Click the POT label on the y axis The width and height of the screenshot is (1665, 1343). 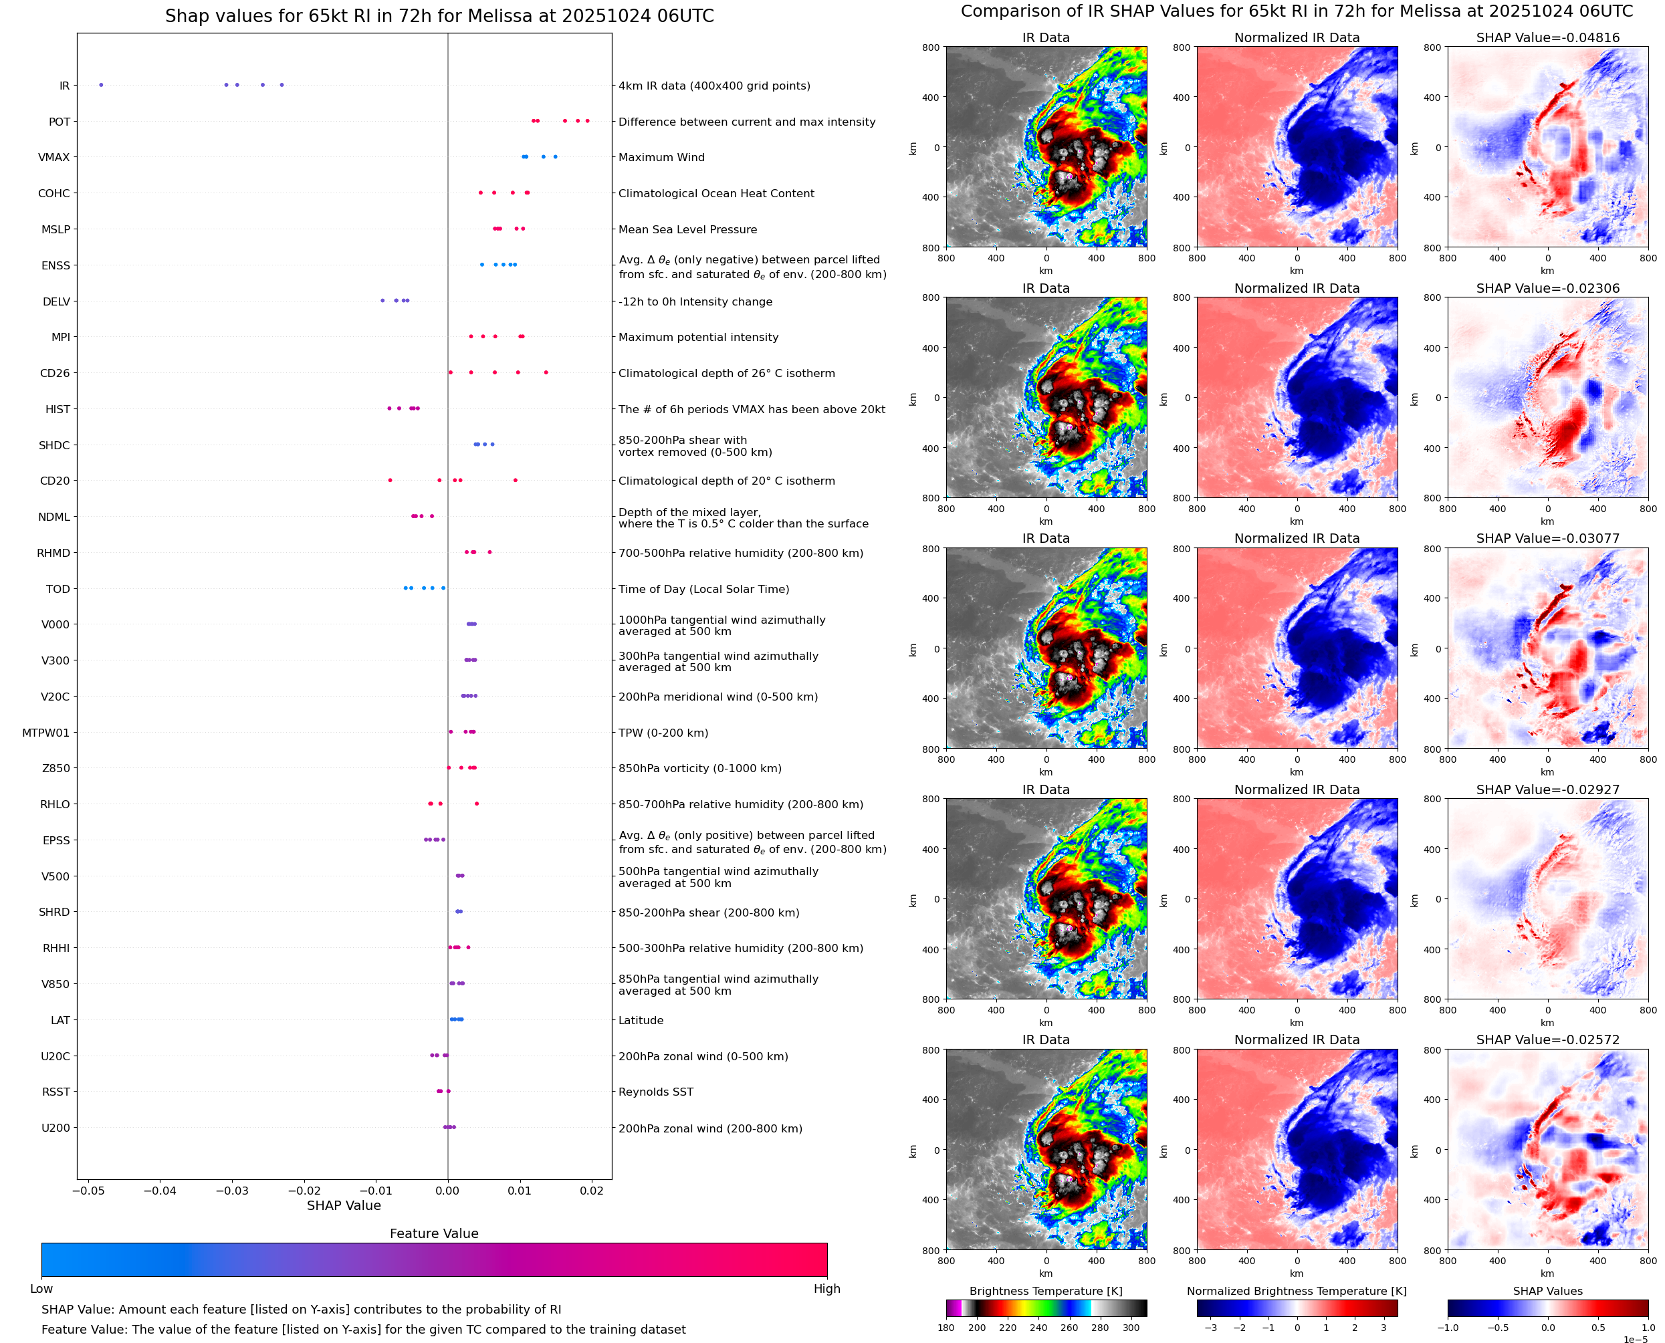pos(60,122)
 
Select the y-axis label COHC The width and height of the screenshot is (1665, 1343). pos(54,193)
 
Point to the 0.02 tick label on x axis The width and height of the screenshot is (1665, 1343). pos(592,1191)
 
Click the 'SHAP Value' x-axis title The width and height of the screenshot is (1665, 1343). pos(344,1205)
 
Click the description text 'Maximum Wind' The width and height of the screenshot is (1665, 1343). pos(661,158)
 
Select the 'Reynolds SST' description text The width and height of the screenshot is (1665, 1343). pos(656,1092)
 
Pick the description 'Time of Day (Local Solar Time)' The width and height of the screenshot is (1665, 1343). pos(704,590)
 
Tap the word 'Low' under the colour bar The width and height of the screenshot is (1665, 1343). pos(41,1289)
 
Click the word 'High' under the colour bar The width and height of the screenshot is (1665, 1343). pos(826,1289)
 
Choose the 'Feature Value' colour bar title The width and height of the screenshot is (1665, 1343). pos(434,1233)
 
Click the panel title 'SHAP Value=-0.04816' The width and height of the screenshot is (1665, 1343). pos(1547,38)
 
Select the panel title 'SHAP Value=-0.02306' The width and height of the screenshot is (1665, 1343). pos(1547,289)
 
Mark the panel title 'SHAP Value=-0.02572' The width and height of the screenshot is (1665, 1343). pos(1547,1040)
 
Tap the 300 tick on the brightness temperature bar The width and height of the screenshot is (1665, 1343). pos(1131,1328)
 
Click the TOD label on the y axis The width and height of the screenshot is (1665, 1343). pos(58,590)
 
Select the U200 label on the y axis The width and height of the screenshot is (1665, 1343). pos(55,1128)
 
